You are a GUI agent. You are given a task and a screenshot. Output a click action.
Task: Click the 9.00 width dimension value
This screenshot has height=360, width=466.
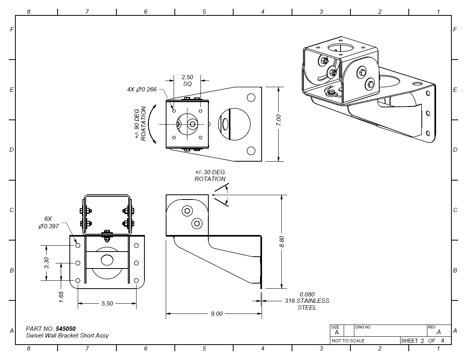pyautogui.click(x=217, y=314)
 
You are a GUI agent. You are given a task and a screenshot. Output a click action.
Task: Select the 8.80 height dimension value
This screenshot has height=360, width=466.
pyautogui.click(x=281, y=241)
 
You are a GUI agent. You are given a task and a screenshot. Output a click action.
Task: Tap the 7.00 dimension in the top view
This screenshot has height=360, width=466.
pyautogui.click(x=278, y=120)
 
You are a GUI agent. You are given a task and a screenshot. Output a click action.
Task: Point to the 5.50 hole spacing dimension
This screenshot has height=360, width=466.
pyautogui.click(x=107, y=304)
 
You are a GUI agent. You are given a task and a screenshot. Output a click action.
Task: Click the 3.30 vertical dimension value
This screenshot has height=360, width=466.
pyautogui.click(x=46, y=263)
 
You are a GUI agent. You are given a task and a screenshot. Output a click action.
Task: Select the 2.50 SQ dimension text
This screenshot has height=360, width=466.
pyautogui.click(x=187, y=80)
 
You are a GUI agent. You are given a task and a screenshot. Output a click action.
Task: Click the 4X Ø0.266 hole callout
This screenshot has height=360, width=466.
pyautogui.click(x=142, y=90)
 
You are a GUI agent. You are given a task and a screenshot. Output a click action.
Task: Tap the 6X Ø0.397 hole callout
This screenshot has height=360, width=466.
pyautogui.click(x=49, y=222)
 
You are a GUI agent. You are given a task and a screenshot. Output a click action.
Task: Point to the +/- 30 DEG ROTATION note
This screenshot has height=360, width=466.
pyautogui.click(x=210, y=175)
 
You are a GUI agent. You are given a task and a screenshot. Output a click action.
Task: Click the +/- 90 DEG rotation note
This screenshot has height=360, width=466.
pyautogui.click(x=140, y=123)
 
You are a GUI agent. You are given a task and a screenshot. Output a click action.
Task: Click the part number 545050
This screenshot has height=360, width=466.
pyautogui.click(x=66, y=328)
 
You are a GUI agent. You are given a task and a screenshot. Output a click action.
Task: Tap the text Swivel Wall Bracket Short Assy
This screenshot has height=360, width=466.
pyautogui.click(x=67, y=336)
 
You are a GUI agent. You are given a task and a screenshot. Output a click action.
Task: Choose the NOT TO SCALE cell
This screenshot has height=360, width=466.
pyautogui.click(x=348, y=341)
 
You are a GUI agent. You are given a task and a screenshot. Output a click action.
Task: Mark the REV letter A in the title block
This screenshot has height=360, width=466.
pyautogui.click(x=438, y=332)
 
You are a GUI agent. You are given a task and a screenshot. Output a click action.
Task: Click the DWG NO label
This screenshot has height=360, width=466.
pyautogui.click(x=363, y=327)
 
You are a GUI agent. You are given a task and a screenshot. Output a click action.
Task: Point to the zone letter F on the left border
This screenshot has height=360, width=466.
pyautogui.click(x=12, y=30)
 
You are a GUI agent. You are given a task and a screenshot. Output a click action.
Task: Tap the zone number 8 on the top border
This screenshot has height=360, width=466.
pyautogui.click(x=28, y=12)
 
